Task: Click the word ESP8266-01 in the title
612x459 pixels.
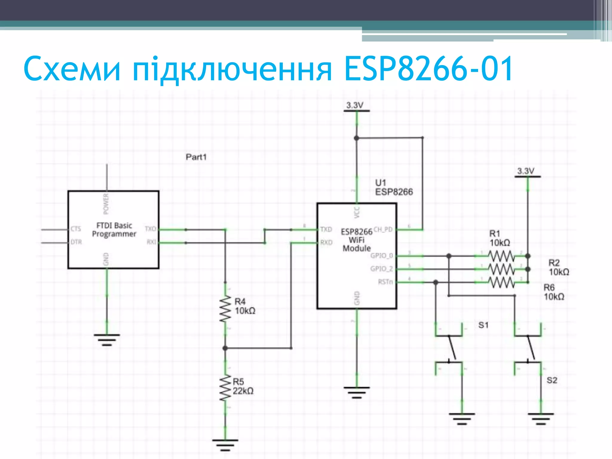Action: [428, 69]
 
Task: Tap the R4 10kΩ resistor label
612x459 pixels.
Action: [244, 306]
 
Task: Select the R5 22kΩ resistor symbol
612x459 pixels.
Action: [225, 388]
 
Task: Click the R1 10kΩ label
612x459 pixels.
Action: [499, 238]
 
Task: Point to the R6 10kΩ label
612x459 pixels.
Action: [554, 292]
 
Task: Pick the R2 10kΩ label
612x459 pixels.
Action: [559, 267]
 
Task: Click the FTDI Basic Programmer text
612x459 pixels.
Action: [114, 230]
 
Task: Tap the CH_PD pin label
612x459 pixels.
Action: [383, 229]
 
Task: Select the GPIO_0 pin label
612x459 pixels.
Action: [381, 256]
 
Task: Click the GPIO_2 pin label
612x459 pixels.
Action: [381, 269]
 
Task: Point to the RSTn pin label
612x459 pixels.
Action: [385, 282]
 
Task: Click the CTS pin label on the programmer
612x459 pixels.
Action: [76, 229]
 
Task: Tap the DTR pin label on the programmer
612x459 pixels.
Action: [76, 242]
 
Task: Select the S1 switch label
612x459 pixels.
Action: [483, 325]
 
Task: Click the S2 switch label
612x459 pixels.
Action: [552, 380]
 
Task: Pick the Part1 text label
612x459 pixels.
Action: [196, 157]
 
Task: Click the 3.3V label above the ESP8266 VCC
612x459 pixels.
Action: [355, 105]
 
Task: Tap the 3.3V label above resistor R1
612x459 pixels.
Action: [526, 171]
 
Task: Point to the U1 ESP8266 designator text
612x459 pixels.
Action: [393, 187]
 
